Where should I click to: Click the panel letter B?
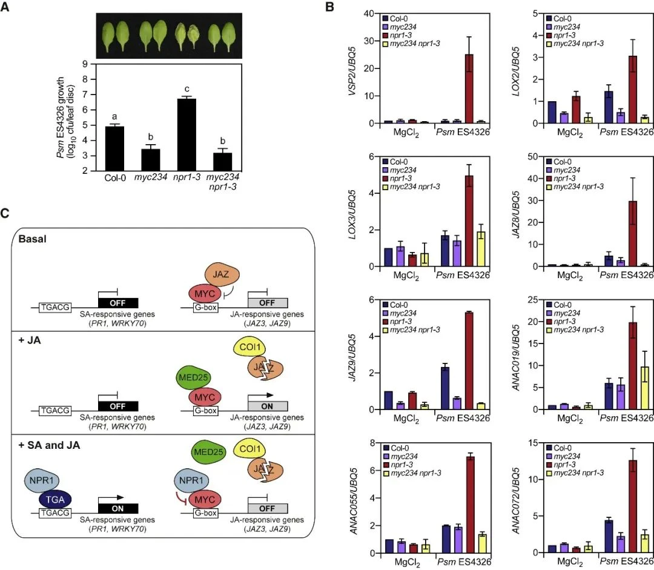(x=330, y=7)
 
